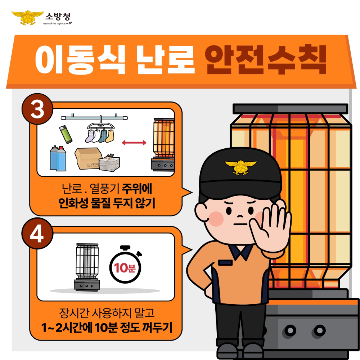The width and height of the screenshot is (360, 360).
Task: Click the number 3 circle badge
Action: pos(37,109)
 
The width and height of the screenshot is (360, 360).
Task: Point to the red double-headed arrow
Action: pos(134,143)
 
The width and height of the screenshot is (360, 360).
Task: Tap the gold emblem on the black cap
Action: pos(240,167)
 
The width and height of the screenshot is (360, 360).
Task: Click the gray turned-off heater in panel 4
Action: pos(86,266)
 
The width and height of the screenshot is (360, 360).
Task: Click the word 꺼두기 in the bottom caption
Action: pos(157,328)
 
